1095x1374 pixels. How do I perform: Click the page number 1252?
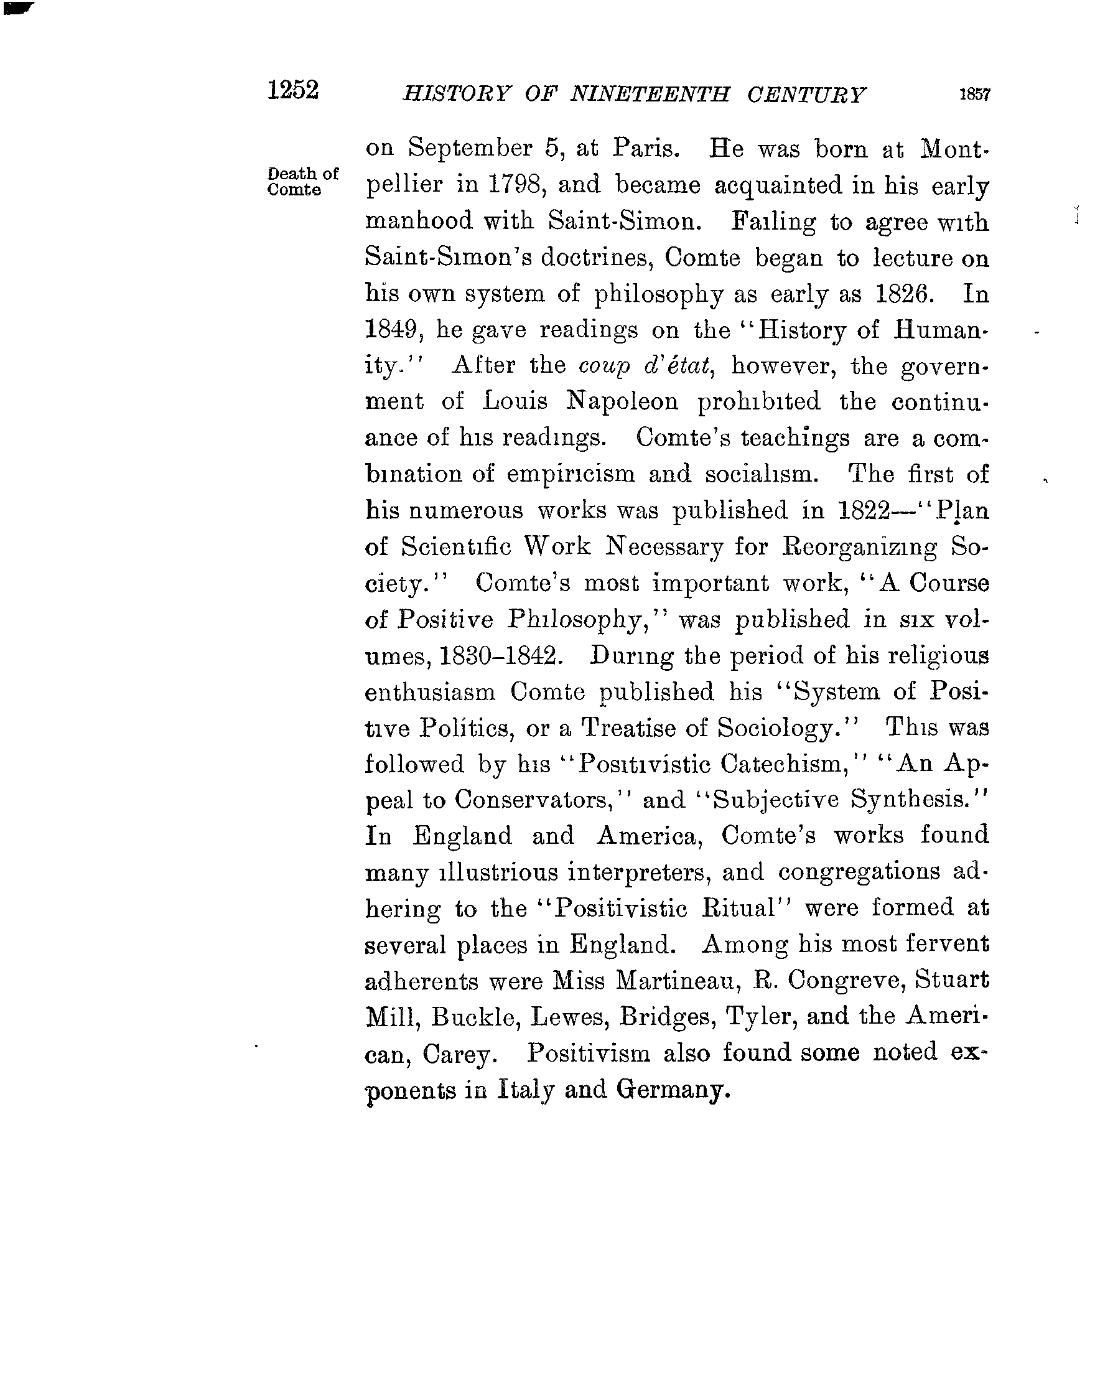[292, 90]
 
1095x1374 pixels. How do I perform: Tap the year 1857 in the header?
[974, 95]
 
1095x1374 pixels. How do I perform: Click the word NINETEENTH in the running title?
[650, 95]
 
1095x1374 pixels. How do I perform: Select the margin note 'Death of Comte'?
[302, 182]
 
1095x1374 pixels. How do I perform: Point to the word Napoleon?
[622, 401]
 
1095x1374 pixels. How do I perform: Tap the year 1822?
[863, 510]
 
